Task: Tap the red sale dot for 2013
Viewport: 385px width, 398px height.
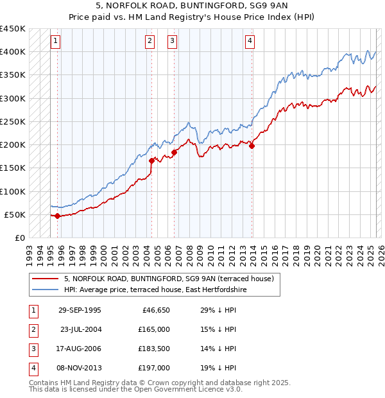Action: pyautogui.click(x=252, y=146)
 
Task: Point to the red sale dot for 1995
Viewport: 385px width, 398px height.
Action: pyautogui.click(x=58, y=216)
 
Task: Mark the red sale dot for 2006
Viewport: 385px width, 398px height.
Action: pyautogui.click(x=174, y=152)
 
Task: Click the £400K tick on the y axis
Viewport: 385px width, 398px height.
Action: pyautogui.click(x=13, y=52)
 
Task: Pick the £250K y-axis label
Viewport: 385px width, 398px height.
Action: pyautogui.click(x=13, y=121)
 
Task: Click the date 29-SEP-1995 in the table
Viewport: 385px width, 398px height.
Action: pyautogui.click(x=80, y=310)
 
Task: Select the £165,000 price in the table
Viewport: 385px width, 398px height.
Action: pyautogui.click(x=155, y=329)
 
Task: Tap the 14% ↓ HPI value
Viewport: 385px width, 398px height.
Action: pyautogui.click(x=219, y=349)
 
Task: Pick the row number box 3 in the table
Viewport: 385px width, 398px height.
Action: pyautogui.click(x=33, y=349)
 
